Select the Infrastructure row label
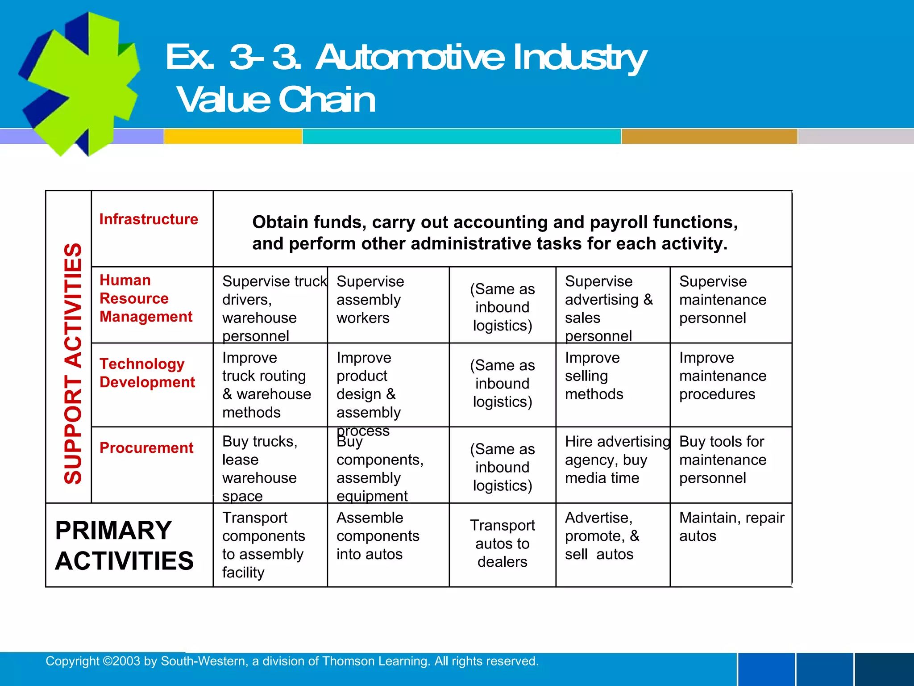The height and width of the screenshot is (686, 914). pos(149,219)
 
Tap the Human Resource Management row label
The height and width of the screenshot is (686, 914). pos(146,298)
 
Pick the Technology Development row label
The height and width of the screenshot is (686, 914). pos(147,373)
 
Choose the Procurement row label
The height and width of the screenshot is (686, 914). pos(146,448)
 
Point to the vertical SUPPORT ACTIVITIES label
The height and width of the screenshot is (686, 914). pos(73,364)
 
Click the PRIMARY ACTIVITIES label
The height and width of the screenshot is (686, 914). pos(124,545)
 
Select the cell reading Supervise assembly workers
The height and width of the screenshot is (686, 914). pos(370,300)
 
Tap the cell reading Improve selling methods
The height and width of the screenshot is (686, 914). pos(594,376)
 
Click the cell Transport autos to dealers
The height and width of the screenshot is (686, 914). pos(502,544)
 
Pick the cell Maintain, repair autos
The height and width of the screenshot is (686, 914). pos(731,527)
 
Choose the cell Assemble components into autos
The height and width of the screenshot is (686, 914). pos(378,536)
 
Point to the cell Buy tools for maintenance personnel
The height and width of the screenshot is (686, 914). pos(723,460)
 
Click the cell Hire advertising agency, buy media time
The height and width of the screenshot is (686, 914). pos(617,460)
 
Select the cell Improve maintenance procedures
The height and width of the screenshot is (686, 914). pos(723,376)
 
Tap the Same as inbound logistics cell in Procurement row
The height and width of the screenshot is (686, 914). pos(502,467)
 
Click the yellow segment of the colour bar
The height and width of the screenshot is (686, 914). pos(233,136)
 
